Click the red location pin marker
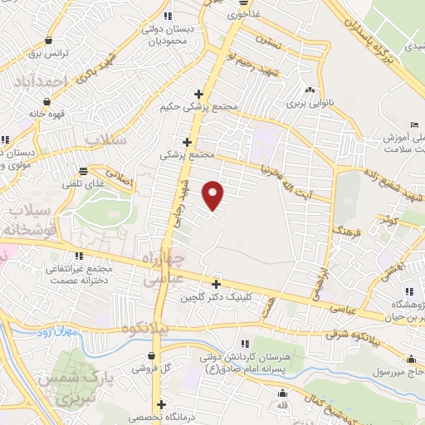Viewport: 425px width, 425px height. pyautogui.click(x=214, y=194)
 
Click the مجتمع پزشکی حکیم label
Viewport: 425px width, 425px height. pyautogui.click(x=202, y=107)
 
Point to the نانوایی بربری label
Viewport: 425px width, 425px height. pyautogui.click(x=308, y=105)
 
